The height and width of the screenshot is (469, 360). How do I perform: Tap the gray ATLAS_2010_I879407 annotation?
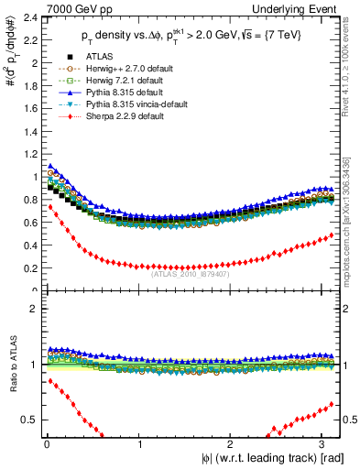click(190, 273)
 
